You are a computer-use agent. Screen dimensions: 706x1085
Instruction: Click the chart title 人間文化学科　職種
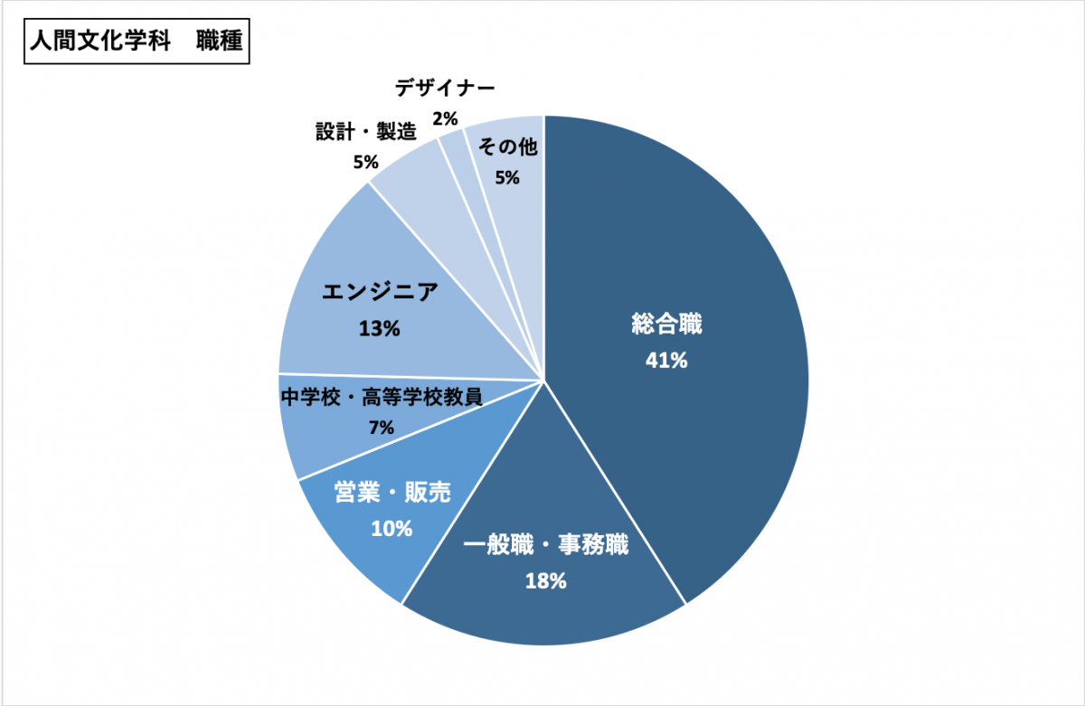click(x=136, y=42)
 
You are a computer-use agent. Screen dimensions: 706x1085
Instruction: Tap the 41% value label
click(x=666, y=360)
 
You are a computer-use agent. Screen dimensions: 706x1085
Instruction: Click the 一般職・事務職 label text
click(x=545, y=546)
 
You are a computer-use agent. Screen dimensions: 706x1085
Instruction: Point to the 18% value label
click(x=545, y=580)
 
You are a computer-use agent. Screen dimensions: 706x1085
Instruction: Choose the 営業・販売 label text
click(x=392, y=493)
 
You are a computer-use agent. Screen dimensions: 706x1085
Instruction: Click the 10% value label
click(x=392, y=528)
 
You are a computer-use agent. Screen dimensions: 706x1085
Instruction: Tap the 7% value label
click(x=381, y=427)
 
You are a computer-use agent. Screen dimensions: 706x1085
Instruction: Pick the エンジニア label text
click(x=380, y=292)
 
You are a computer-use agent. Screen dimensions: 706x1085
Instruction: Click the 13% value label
click(x=380, y=328)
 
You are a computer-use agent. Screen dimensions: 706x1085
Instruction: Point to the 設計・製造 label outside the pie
click(x=365, y=131)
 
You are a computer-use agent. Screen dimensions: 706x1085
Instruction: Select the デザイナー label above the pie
click(x=445, y=89)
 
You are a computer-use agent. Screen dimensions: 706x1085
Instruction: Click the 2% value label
click(x=445, y=118)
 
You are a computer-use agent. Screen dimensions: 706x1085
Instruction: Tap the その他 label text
click(x=506, y=147)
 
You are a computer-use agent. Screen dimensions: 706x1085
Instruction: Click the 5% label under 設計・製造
click(x=365, y=162)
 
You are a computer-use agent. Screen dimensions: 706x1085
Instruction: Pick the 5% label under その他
click(x=506, y=177)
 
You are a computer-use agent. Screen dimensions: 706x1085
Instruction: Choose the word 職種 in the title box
click(x=219, y=42)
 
